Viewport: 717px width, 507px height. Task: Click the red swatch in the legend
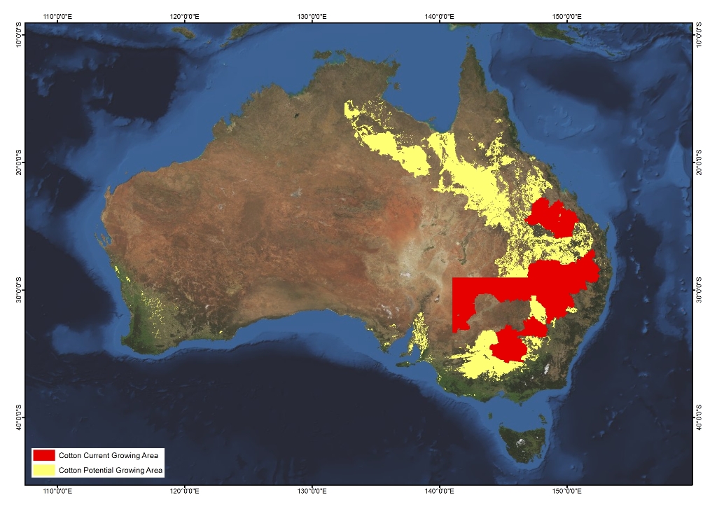point(43,455)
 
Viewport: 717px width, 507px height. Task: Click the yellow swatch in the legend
point(43,470)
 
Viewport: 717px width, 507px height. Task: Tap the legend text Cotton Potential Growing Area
point(111,471)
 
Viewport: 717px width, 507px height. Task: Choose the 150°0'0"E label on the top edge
point(566,15)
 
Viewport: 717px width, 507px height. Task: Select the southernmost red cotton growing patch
point(510,346)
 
